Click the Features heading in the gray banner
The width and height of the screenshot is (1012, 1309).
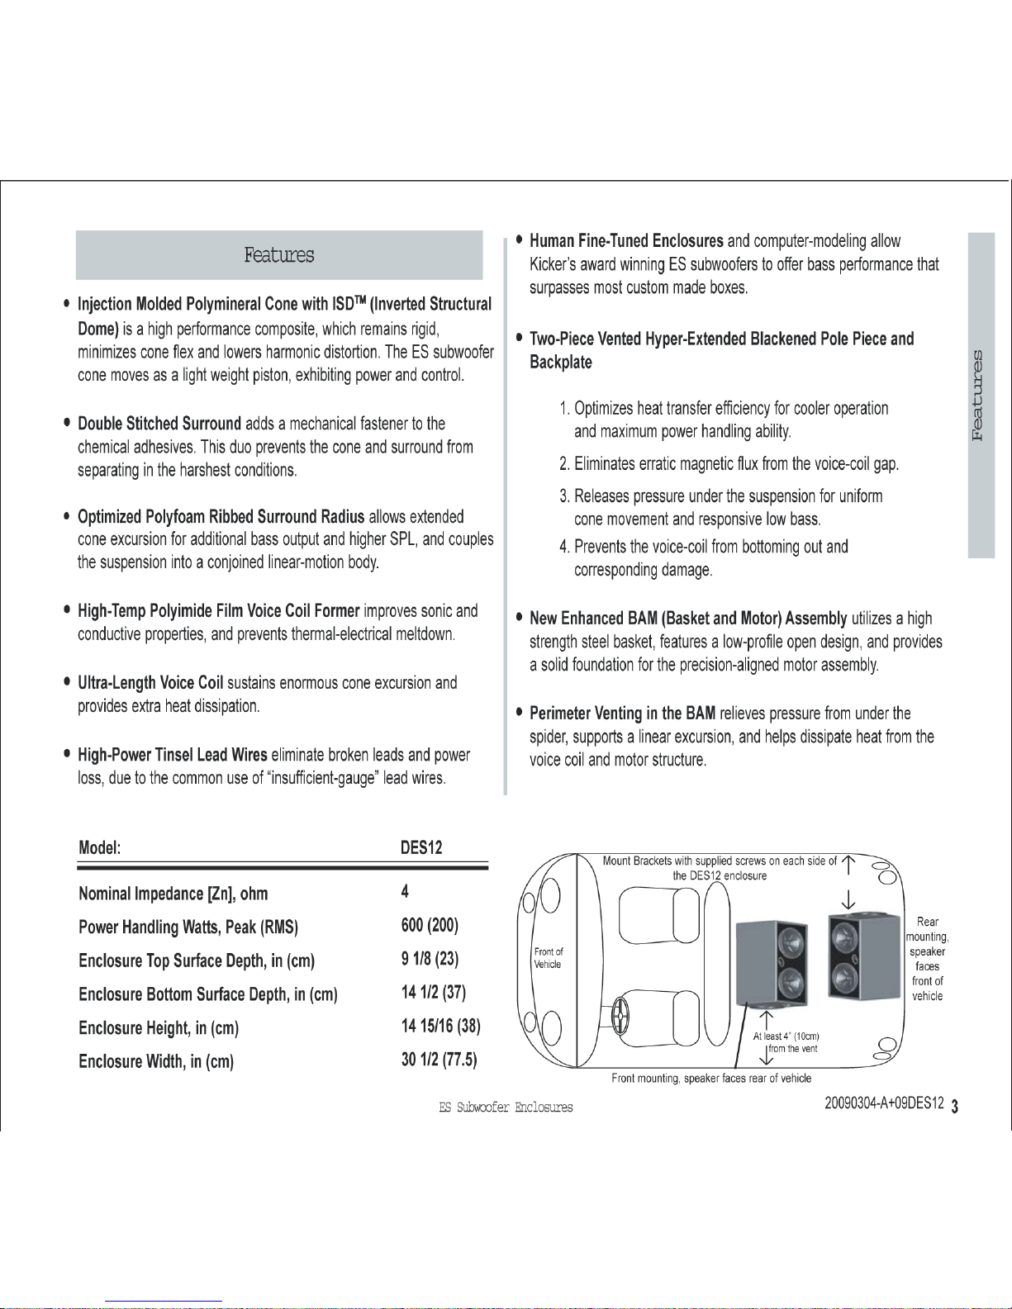tap(279, 255)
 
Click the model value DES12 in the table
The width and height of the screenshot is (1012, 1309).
tap(421, 847)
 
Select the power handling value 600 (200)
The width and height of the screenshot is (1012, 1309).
tap(430, 925)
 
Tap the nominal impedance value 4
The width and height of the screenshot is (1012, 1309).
tap(405, 891)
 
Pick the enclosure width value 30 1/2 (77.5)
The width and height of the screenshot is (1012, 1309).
tap(439, 1060)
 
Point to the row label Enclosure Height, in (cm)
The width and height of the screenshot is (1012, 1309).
tap(159, 1028)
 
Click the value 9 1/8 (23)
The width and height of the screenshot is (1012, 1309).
tap(430, 959)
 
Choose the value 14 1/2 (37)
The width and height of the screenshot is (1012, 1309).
tap(434, 993)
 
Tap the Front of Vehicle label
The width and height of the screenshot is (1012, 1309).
tap(548, 958)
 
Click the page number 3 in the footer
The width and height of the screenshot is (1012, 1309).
tap(955, 1107)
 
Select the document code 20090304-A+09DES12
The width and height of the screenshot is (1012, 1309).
tap(883, 1103)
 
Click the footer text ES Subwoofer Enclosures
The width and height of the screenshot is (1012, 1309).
tap(506, 1107)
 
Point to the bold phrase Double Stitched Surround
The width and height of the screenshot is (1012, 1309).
tap(159, 424)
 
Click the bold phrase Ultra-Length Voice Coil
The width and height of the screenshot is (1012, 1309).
tap(150, 683)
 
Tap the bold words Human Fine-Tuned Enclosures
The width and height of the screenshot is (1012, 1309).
tap(626, 241)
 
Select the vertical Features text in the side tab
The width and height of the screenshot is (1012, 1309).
tap(980, 396)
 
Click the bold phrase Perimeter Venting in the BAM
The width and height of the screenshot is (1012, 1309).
tap(622, 714)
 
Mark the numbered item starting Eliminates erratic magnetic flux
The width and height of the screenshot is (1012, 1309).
tap(729, 464)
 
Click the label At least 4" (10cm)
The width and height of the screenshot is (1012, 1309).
tap(786, 1036)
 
